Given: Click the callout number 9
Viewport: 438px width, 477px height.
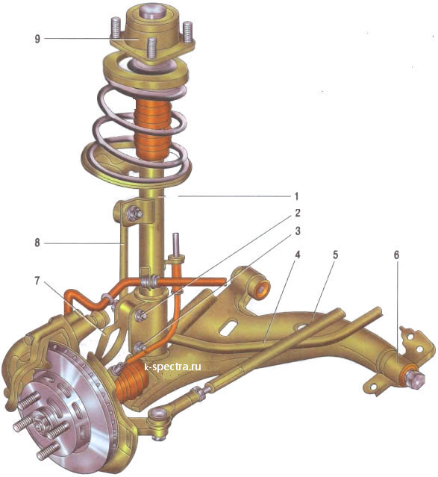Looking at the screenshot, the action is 37,39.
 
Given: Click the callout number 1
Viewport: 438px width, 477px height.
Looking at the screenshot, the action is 297,196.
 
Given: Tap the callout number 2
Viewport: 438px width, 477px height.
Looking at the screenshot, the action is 297,213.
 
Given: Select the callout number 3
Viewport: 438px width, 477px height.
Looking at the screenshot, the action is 297,231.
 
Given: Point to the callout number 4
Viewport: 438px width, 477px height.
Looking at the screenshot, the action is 297,255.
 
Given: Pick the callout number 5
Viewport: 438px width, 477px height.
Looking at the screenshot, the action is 335,255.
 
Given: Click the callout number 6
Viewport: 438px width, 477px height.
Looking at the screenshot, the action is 396,255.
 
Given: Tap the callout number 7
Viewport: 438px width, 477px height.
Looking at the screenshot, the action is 37,281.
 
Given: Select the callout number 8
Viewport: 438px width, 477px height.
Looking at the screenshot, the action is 37,243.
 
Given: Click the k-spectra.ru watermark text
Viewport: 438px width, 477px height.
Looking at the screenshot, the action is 173,367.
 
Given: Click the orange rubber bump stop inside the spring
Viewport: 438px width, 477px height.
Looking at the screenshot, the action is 152,129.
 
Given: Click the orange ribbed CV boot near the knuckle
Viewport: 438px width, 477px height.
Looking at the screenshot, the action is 131,382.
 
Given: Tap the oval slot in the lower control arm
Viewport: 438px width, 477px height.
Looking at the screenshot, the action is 230,328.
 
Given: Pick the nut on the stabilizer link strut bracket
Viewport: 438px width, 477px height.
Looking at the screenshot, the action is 134,212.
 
